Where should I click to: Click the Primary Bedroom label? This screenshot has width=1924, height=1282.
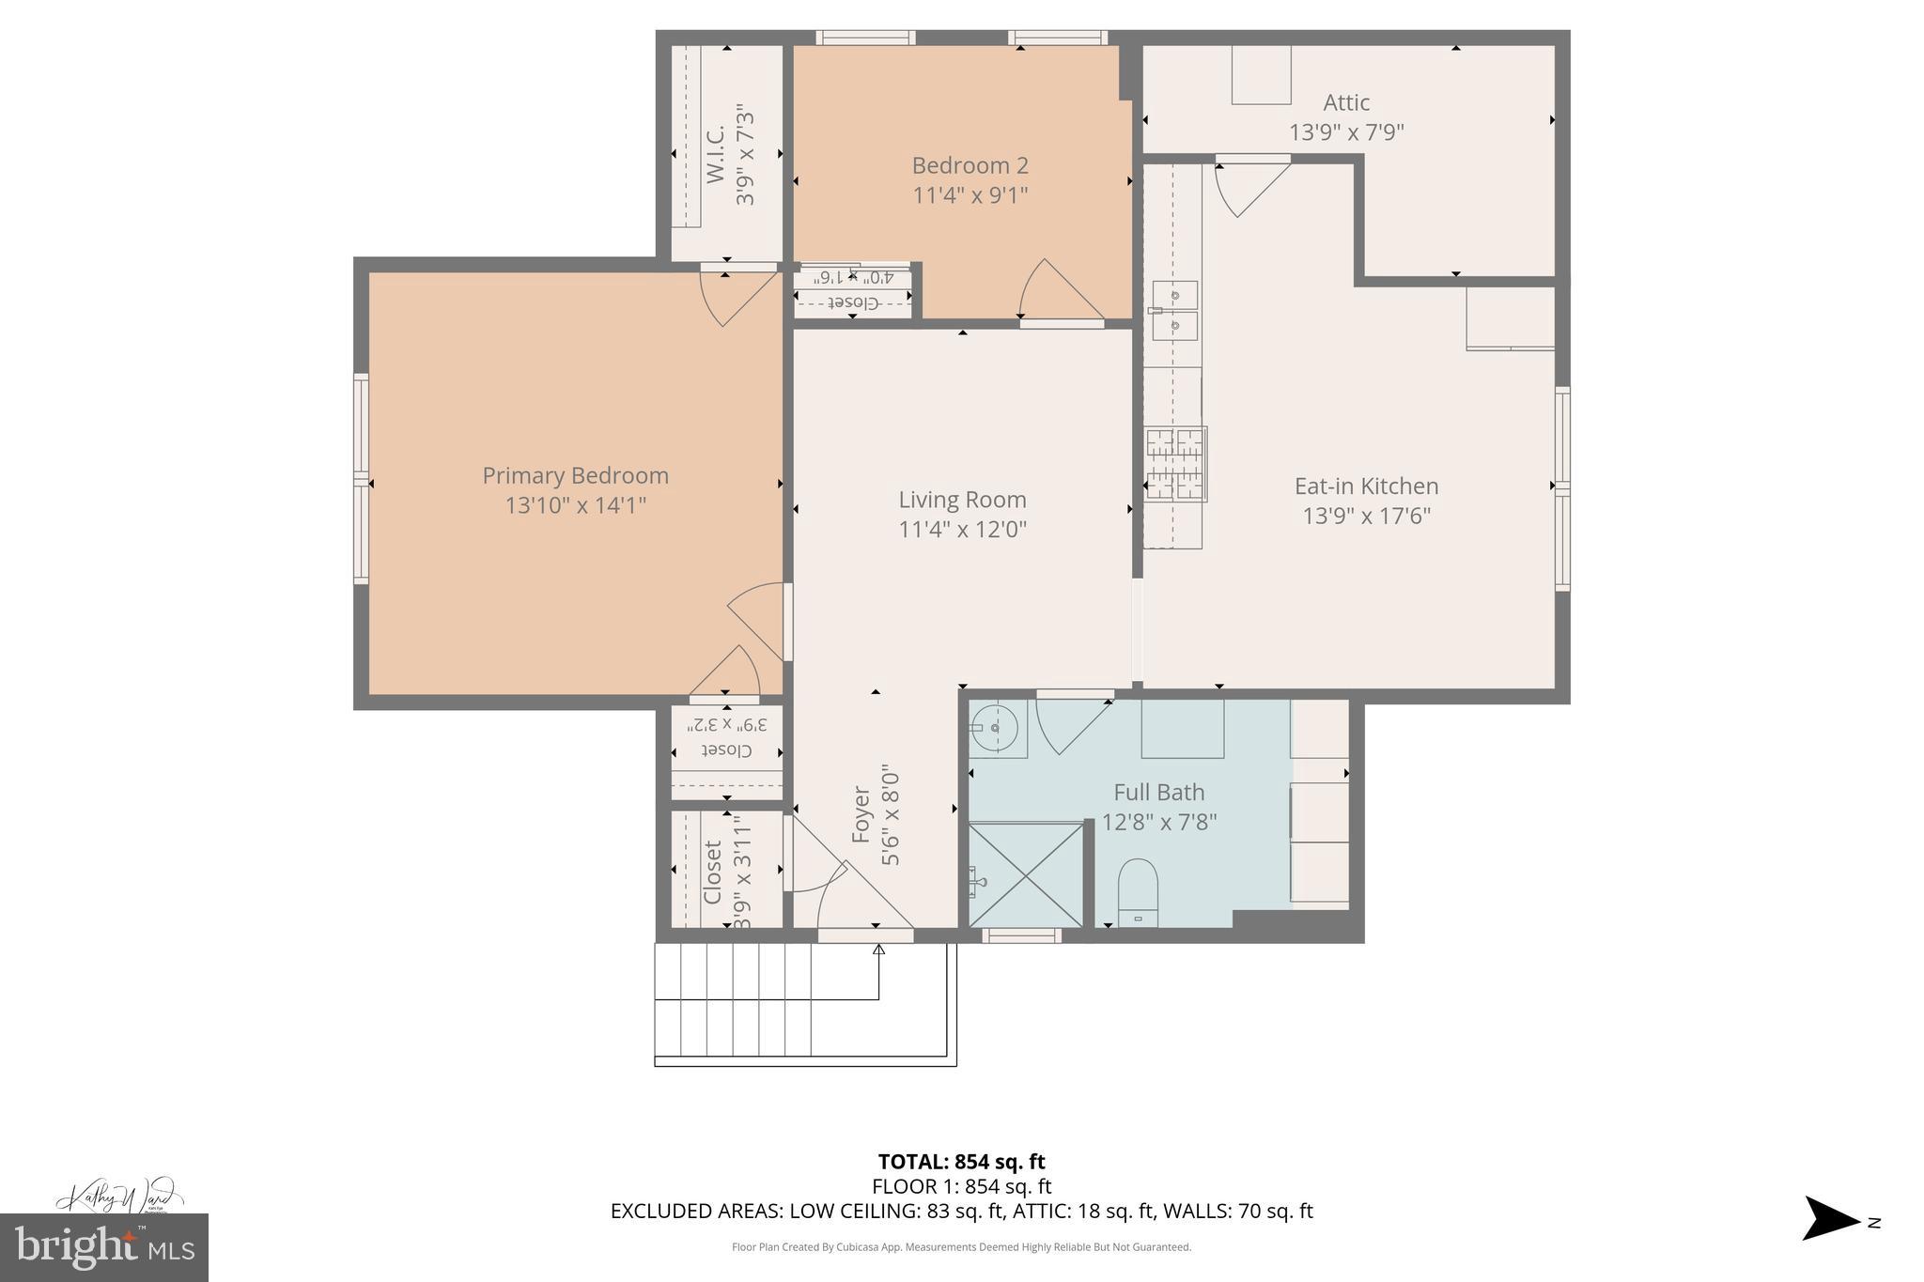(x=575, y=475)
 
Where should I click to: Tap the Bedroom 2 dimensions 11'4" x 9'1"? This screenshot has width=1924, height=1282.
(x=970, y=195)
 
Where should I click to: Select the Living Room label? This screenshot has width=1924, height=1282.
(x=962, y=500)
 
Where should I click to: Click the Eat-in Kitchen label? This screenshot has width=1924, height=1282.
(x=1366, y=486)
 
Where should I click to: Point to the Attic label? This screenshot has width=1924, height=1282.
(x=1346, y=102)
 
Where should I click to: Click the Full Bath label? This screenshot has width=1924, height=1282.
(x=1158, y=792)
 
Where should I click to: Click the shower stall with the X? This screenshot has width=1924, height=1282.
(x=1026, y=875)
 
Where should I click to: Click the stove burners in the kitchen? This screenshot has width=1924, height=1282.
(x=1174, y=464)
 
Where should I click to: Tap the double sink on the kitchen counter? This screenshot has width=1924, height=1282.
(x=1174, y=311)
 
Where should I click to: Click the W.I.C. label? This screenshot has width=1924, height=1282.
(x=716, y=154)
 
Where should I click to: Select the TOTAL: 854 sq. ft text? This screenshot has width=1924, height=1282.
(x=961, y=1162)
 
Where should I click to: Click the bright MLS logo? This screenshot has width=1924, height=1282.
(x=103, y=1247)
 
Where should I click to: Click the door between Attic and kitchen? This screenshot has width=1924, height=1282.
(x=1249, y=185)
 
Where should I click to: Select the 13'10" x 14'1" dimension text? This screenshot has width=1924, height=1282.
(x=575, y=505)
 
